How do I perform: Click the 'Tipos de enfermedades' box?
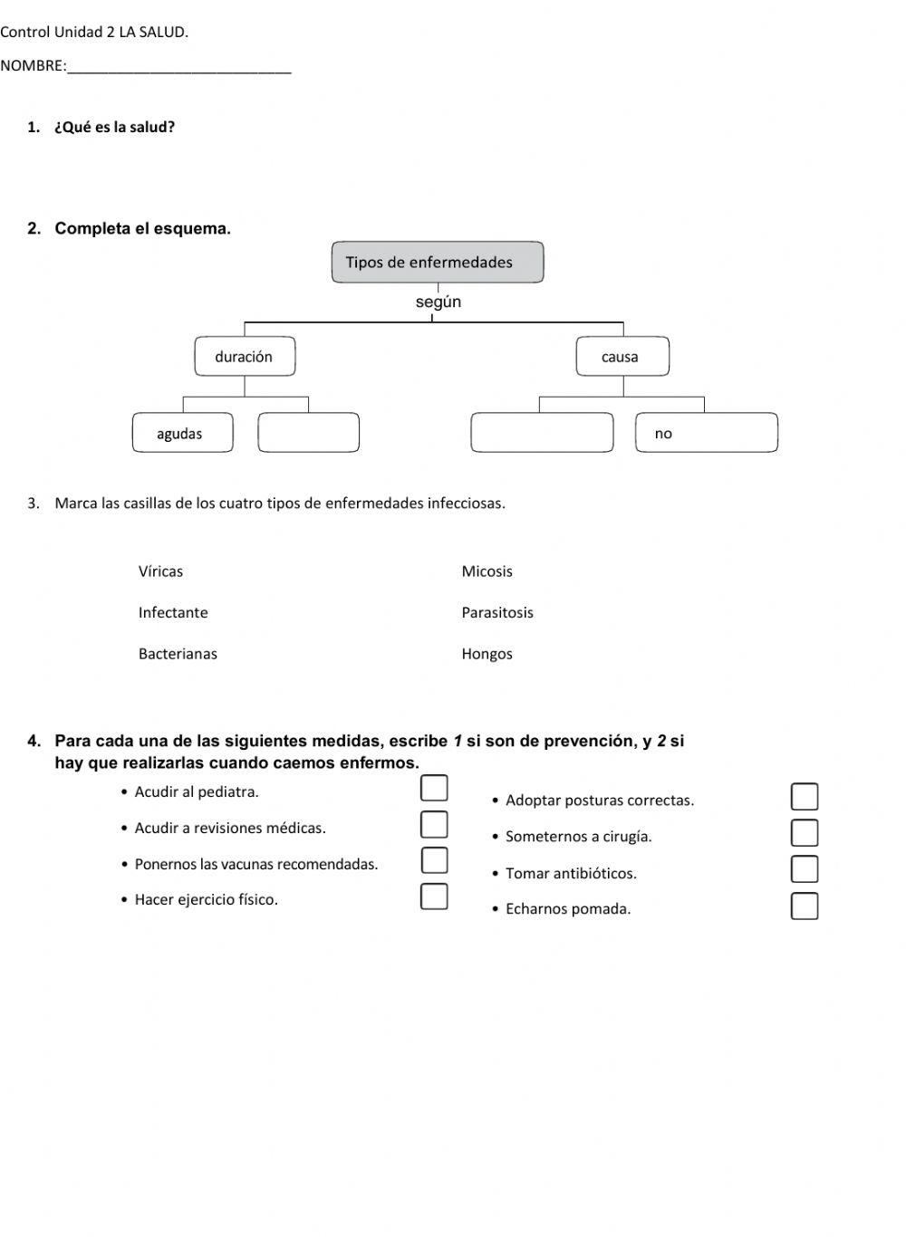pyautogui.click(x=438, y=263)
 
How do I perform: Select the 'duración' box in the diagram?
pyautogui.click(x=245, y=357)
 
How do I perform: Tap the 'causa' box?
pyautogui.click(x=622, y=357)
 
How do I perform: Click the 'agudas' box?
pyautogui.click(x=182, y=433)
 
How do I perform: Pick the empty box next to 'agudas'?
pyautogui.click(x=308, y=433)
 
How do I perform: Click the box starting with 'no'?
pyautogui.click(x=706, y=433)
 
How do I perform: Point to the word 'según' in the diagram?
pyautogui.click(x=439, y=302)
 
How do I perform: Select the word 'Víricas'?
pyautogui.click(x=160, y=571)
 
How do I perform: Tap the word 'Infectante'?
pyautogui.click(x=173, y=613)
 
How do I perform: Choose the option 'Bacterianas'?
pyautogui.click(x=178, y=654)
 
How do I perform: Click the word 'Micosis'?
pyautogui.click(x=487, y=571)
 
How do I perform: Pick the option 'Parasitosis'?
pyautogui.click(x=497, y=613)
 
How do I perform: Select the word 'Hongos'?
pyautogui.click(x=487, y=654)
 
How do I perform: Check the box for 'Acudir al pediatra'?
pyautogui.click(x=434, y=789)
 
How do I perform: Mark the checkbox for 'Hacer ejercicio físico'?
pyautogui.click(x=434, y=897)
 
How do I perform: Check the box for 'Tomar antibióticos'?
pyautogui.click(x=805, y=869)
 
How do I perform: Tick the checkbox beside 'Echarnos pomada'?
pyautogui.click(x=805, y=906)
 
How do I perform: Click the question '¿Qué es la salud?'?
pyautogui.click(x=115, y=128)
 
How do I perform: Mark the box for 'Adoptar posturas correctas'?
pyautogui.click(x=805, y=797)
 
